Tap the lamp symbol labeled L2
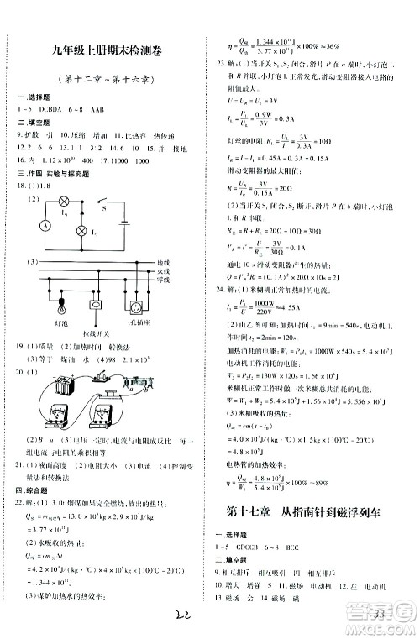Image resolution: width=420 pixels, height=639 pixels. click(82, 229)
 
